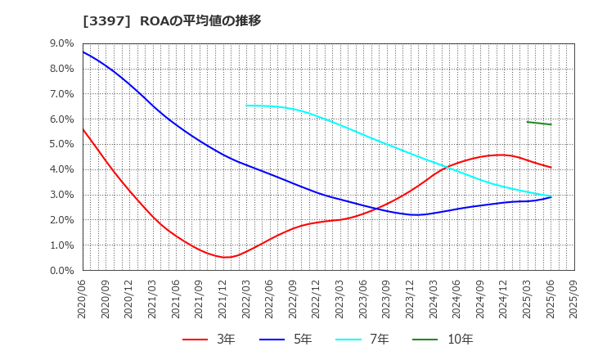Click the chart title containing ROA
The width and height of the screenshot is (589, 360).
click(x=172, y=20)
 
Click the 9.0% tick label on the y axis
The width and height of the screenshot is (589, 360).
click(x=63, y=43)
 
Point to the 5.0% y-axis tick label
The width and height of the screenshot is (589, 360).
click(x=63, y=144)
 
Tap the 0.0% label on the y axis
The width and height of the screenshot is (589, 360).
click(x=63, y=270)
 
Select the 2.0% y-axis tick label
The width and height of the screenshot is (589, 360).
click(x=63, y=220)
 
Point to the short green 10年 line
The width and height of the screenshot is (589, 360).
click(x=539, y=123)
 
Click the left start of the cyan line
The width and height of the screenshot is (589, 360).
click(x=246, y=105)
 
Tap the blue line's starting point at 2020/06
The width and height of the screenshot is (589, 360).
click(x=83, y=52)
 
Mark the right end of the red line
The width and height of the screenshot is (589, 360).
click(x=551, y=168)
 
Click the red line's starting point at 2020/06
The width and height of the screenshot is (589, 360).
click(x=83, y=128)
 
